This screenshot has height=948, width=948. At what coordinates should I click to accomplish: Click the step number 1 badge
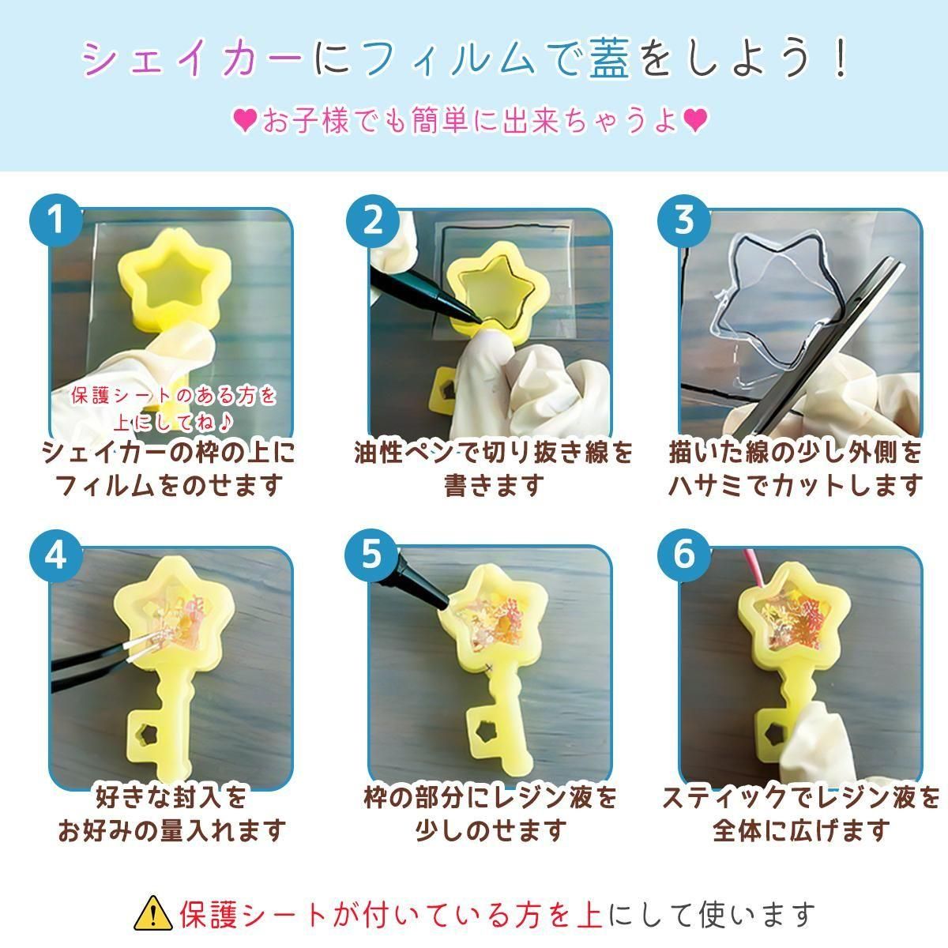tap(56, 221)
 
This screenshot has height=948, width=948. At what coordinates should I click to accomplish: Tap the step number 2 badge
tap(372, 221)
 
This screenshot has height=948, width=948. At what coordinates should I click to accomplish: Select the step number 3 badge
tap(684, 221)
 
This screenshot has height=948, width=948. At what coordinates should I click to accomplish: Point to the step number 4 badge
tap(56, 556)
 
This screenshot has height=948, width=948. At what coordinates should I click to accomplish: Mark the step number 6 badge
tap(684, 556)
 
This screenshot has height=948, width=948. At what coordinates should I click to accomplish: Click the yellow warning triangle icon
tap(153, 913)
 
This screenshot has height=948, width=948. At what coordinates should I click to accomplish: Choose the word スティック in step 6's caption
tap(723, 798)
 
